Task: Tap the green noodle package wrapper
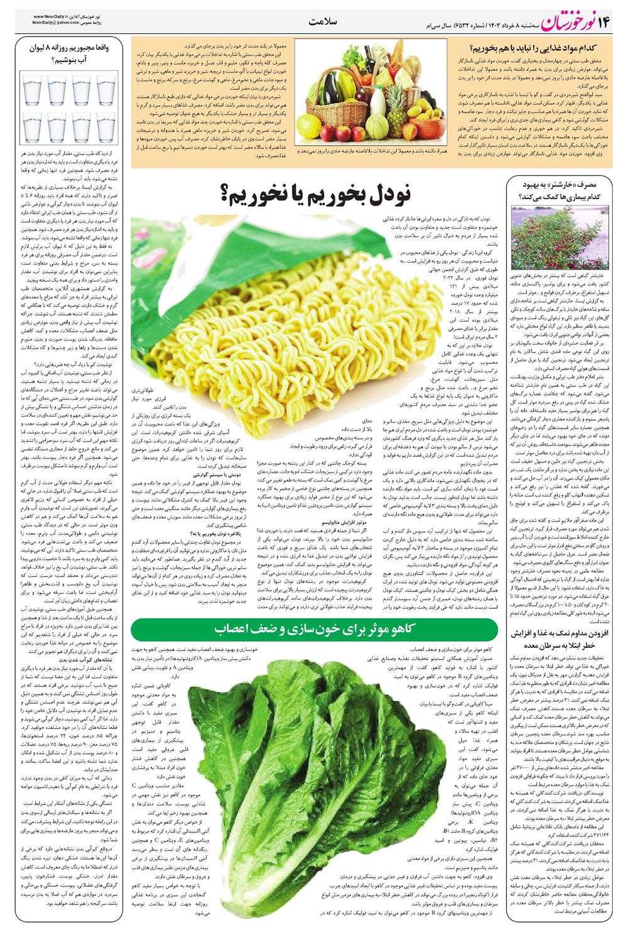click(188, 251)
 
